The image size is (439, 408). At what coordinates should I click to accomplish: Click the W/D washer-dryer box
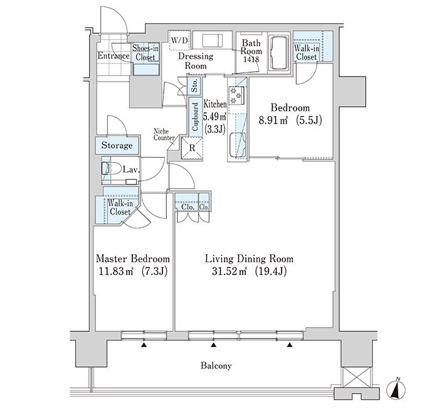[x=179, y=40]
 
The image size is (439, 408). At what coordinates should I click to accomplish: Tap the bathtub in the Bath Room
[x=278, y=52]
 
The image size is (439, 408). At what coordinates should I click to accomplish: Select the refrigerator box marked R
[x=192, y=148]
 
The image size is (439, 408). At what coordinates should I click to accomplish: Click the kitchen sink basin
[x=238, y=145]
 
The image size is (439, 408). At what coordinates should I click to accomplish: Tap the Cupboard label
[x=195, y=117]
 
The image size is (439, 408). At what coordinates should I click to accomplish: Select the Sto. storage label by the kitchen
[x=194, y=85]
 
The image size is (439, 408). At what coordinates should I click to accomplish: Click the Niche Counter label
[x=164, y=134]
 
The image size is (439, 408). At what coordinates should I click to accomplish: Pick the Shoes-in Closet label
[x=145, y=52]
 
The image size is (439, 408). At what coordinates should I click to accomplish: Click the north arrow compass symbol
[x=396, y=389]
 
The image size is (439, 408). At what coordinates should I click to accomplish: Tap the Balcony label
[x=216, y=366]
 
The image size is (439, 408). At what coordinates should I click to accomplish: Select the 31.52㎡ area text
[x=230, y=271]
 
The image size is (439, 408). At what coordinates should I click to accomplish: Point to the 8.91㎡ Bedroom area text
[x=273, y=121]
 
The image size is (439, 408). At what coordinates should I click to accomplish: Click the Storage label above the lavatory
[x=117, y=145]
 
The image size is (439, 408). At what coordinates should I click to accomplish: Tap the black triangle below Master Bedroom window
[x=144, y=345]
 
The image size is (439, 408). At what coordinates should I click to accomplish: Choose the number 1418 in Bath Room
[x=251, y=60]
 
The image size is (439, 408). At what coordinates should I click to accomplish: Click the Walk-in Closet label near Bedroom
[x=306, y=52]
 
